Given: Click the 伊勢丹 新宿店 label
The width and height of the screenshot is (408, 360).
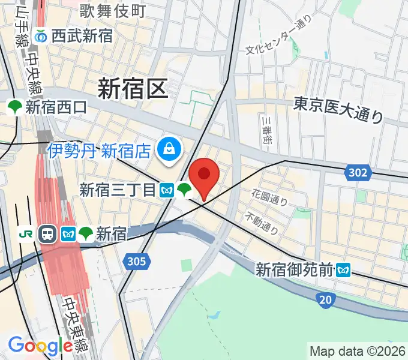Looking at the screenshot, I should [100, 149].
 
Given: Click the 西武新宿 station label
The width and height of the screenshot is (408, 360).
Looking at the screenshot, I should [82, 35].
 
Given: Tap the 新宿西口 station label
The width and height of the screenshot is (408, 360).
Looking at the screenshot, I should [56, 107].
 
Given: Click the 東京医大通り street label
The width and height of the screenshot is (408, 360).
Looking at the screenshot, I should [338, 109].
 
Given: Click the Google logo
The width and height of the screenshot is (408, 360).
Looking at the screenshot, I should [40, 346].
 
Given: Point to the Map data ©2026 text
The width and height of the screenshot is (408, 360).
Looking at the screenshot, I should [358, 350].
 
